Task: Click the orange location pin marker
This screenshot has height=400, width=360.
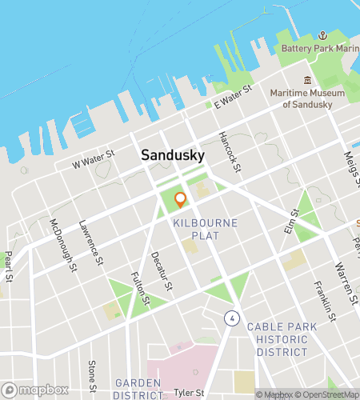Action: pyautogui.click(x=180, y=199)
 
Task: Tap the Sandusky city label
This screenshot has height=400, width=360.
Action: pyautogui.click(x=172, y=155)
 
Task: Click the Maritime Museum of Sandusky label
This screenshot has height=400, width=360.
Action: pyautogui.click(x=306, y=99)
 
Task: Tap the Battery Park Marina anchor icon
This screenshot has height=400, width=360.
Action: pyautogui.click(x=323, y=35)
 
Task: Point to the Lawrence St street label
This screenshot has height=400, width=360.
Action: pyautogui.click(x=92, y=242)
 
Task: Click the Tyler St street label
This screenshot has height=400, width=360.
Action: pyautogui.click(x=189, y=393)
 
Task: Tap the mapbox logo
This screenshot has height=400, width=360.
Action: pyautogui.click(x=34, y=390)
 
